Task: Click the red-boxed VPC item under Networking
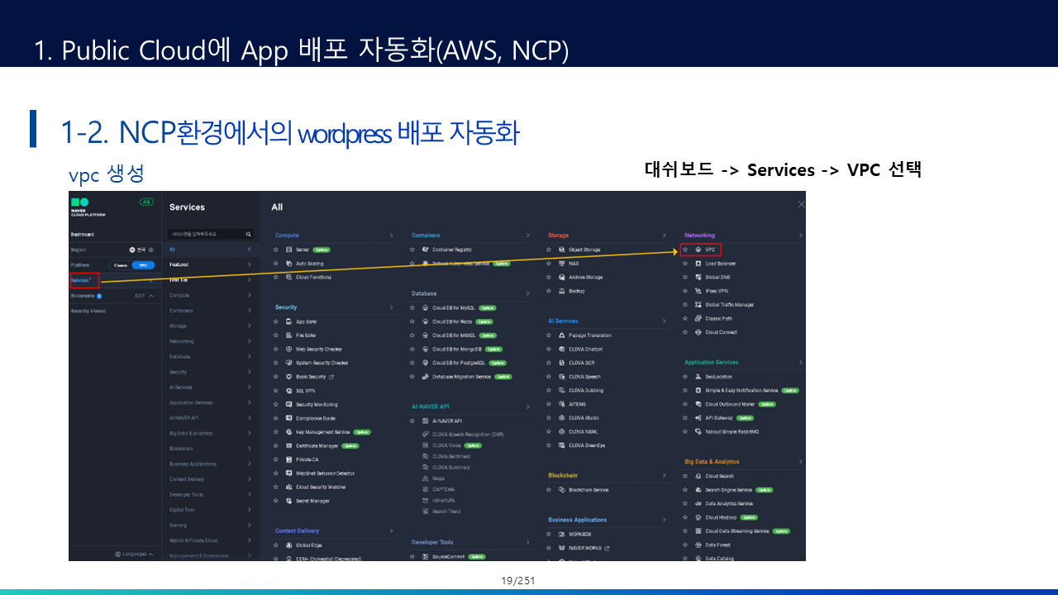[701, 250]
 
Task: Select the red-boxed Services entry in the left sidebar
[84, 280]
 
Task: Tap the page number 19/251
[518, 580]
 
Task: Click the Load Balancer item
[720, 264]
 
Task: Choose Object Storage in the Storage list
[584, 250]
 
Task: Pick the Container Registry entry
[451, 250]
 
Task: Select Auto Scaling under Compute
[309, 264]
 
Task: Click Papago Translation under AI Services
[589, 336]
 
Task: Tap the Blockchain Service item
[588, 490]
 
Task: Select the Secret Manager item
[312, 501]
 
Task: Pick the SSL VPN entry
[305, 391]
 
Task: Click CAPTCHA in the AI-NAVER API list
[444, 489]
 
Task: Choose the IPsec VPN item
[716, 291]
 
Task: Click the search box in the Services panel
[207, 235]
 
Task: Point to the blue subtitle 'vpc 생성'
[107, 174]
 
